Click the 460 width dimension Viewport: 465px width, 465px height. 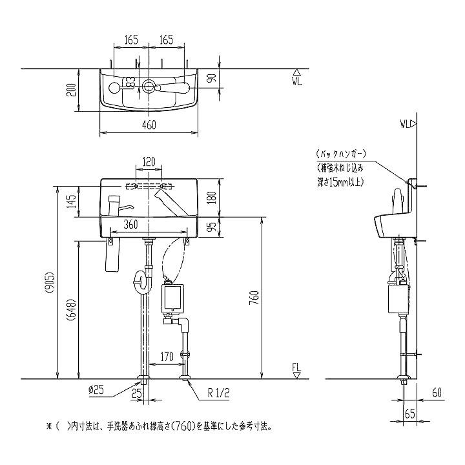(149, 125)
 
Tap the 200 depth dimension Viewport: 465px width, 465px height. (72, 90)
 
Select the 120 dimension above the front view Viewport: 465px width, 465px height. (149, 162)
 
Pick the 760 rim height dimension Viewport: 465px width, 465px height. (255, 298)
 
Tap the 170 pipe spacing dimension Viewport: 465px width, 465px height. (167, 356)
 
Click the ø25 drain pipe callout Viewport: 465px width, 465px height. (96, 389)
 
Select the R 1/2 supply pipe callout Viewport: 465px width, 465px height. (218, 393)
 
